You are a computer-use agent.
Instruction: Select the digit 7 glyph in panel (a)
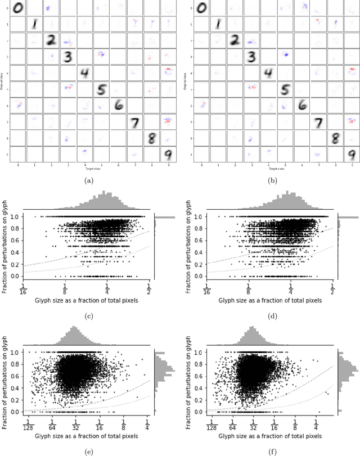point(134,122)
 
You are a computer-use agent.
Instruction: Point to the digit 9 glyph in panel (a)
point(168,154)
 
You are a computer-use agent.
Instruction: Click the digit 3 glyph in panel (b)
point(253,56)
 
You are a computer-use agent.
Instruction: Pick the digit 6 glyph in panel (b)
point(302,105)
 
